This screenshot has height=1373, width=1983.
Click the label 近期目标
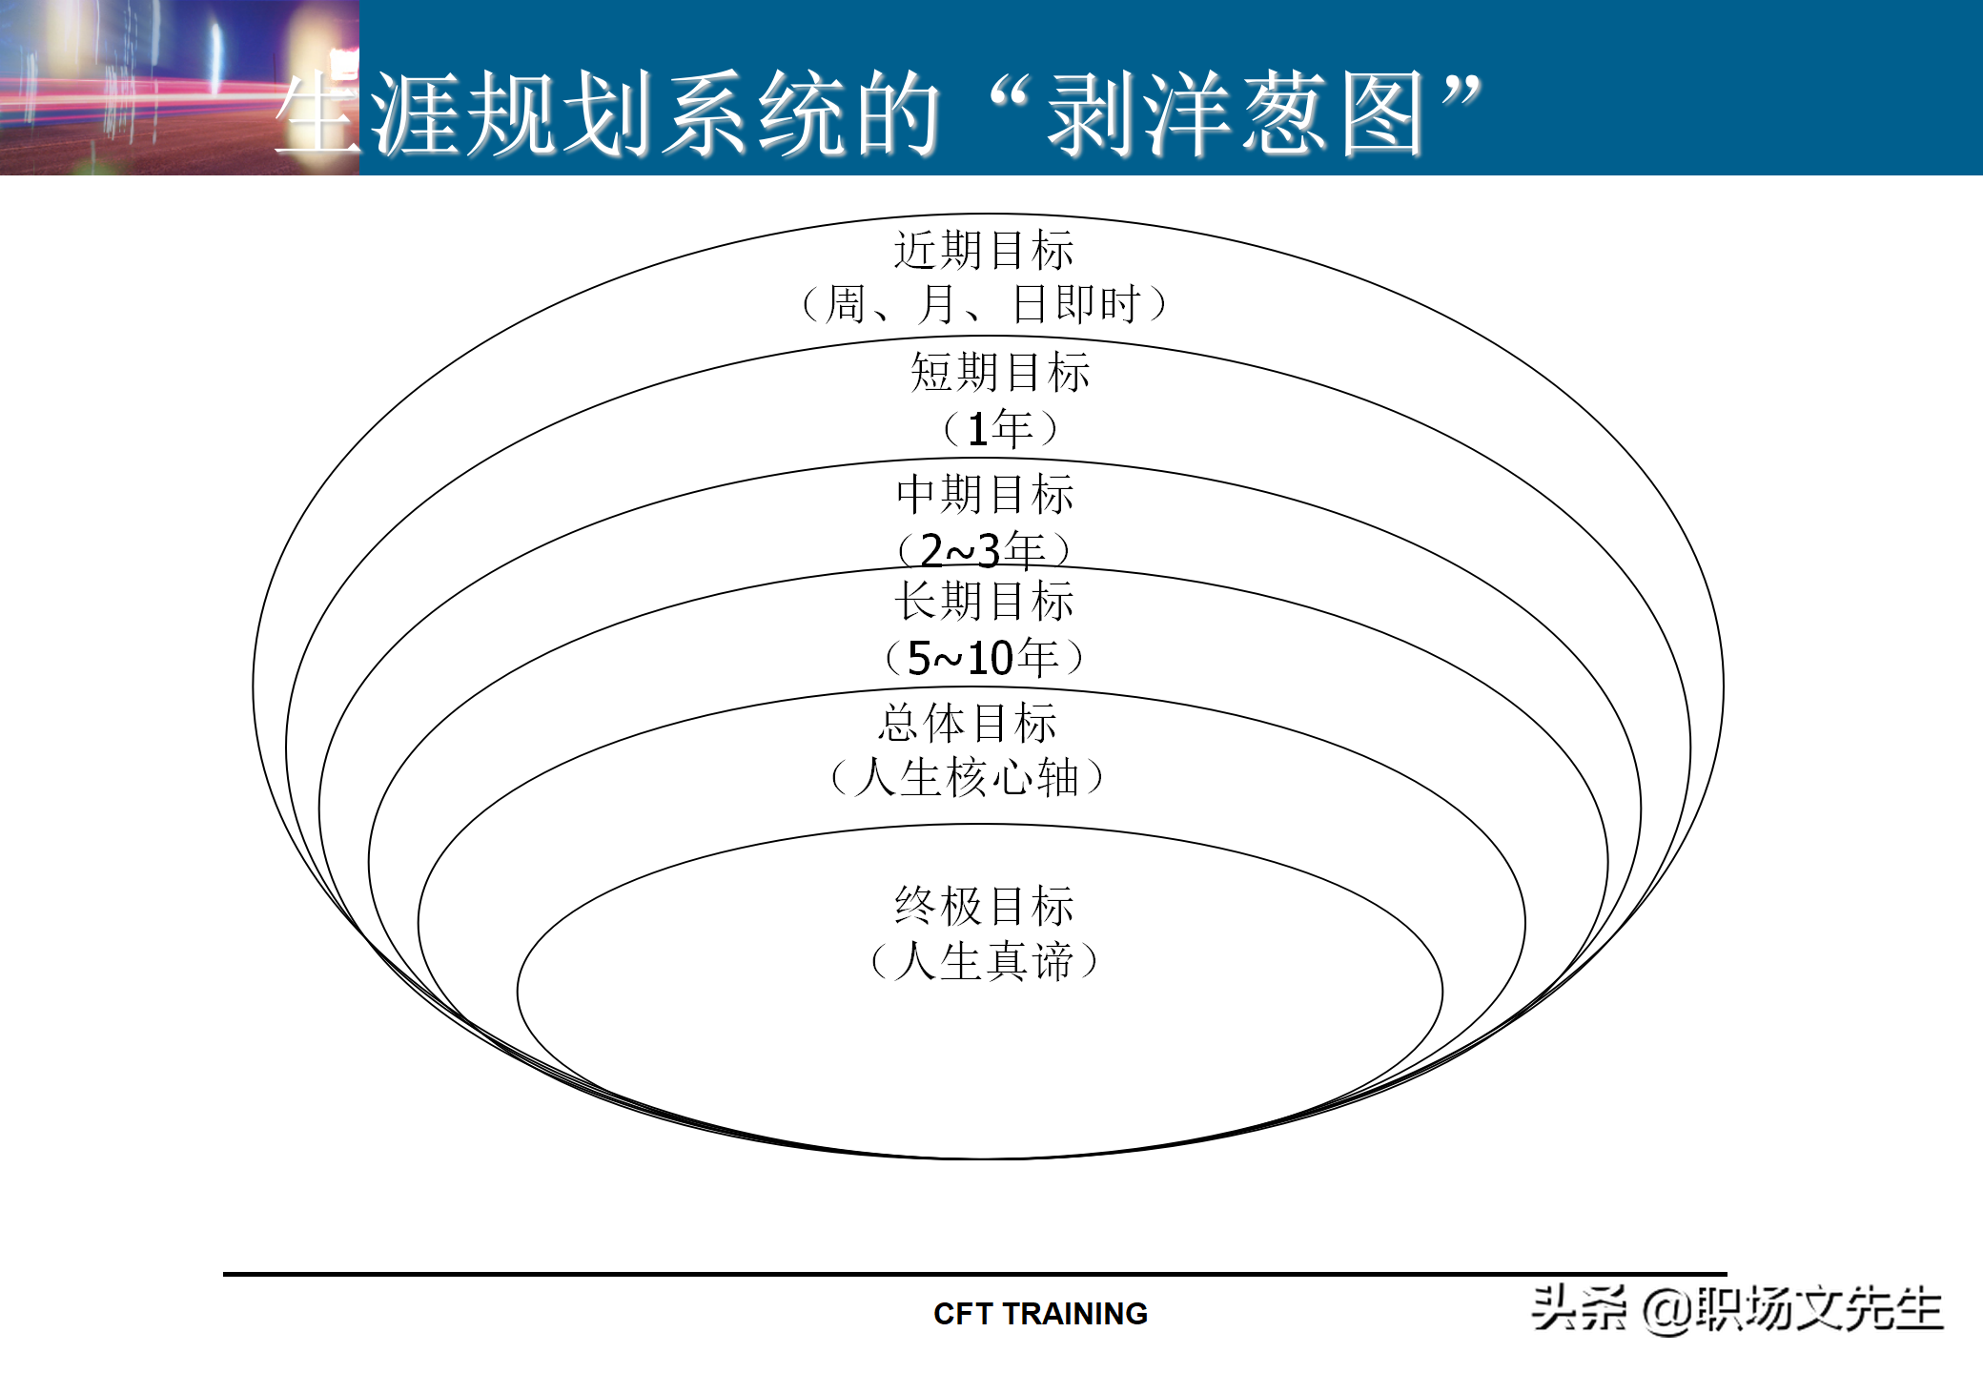coord(984,251)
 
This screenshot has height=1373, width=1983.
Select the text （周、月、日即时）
coord(984,305)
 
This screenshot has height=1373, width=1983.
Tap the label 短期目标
coord(1000,372)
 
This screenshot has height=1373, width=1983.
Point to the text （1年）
coord(1000,428)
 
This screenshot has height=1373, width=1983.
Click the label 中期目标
coord(985,494)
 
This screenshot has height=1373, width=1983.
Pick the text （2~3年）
coord(983,549)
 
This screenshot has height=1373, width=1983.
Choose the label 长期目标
coord(984,602)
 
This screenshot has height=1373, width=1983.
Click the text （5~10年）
coord(984,658)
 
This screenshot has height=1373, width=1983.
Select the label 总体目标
coord(968,723)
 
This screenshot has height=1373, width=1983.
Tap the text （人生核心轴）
coord(968,777)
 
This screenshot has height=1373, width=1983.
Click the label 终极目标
coord(984,906)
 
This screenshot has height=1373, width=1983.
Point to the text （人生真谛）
coord(984,961)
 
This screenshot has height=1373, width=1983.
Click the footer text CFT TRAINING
coord(1040,1314)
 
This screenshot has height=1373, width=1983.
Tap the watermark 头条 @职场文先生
coord(1737,1309)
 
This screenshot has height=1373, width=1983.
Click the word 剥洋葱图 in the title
coord(1236,114)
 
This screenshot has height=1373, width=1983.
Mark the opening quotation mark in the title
coord(1011,95)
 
